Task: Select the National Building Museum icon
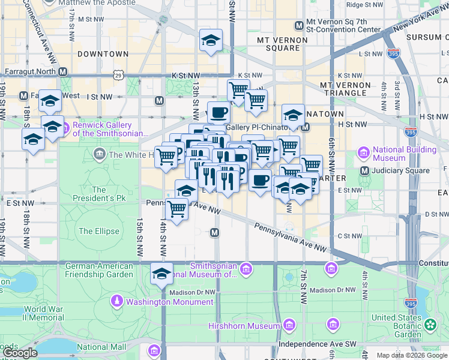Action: pyautogui.click(x=363, y=153)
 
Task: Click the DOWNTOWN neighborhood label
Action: pyautogui.click(x=103, y=54)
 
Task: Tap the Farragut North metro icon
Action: pyautogui.click(x=62, y=71)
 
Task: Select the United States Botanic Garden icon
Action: pyautogui.click(x=430, y=325)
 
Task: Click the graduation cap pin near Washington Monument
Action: pyautogui.click(x=161, y=274)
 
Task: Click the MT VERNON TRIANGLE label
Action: pyautogui.click(x=345, y=89)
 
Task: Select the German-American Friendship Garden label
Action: pyautogui.click(x=99, y=270)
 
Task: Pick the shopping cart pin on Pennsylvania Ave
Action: pyautogui.click(x=176, y=209)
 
